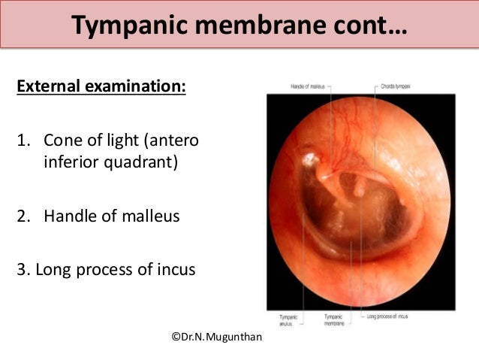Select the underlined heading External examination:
101,86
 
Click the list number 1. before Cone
24,141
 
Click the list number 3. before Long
23,268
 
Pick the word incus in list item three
176,268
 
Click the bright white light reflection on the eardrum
309,159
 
